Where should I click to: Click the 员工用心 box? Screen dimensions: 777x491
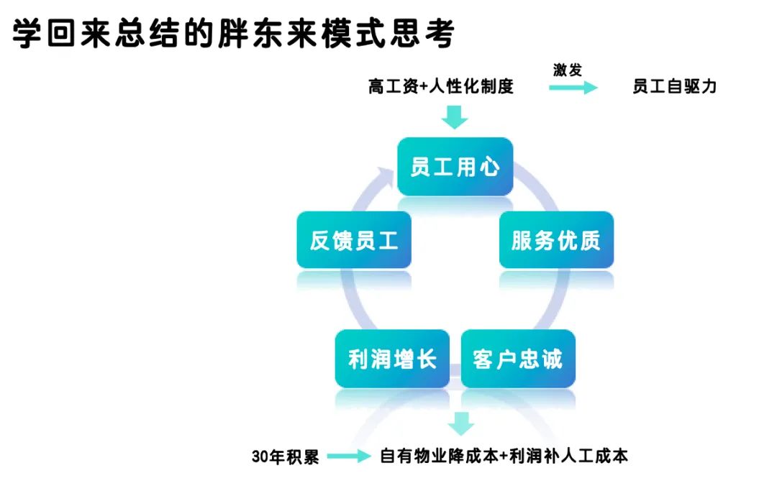pyautogui.click(x=455, y=166)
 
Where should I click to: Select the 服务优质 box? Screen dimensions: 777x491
pyautogui.click(x=556, y=240)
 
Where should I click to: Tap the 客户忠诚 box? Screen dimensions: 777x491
pyautogui.click(x=518, y=359)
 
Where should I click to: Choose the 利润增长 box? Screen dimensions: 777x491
pyautogui.click(x=392, y=359)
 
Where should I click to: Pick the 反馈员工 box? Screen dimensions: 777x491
pyautogui.click(x=354, y=240)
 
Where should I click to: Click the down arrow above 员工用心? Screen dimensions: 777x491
pyautogui.click(x=455, y=116)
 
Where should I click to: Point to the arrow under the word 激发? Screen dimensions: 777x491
pyautogui.click(x=573, y=88)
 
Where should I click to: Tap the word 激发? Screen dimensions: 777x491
pyautogui.click(x=568, y=70)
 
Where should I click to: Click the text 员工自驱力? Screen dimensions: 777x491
pyautogui.click(x=674, y=86)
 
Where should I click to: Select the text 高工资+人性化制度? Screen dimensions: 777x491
pyautogui.click(x=440, y=86)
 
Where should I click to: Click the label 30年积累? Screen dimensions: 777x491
pyautogui.click(x=286, y=456)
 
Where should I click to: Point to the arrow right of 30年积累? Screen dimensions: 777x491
pyautogui.click(x=349, y=456)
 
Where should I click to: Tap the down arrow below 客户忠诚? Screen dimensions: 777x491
pyautogui.click(x=461, y=423)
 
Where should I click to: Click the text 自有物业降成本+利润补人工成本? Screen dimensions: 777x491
pyautogui.click(x=504, y=456)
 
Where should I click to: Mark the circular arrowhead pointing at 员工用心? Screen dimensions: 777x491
pyautogui.click(x=385, y=176)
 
